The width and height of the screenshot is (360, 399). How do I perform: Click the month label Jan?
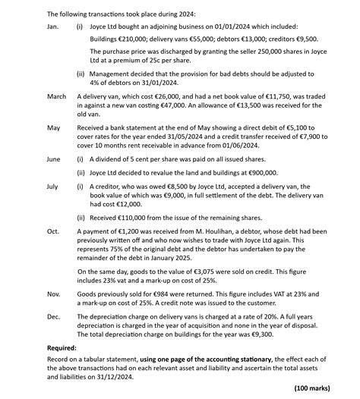click(52, 27)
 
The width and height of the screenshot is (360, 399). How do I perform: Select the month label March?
click(56, 97)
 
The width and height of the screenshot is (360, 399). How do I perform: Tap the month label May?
click(53, 128)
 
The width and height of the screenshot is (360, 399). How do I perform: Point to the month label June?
click(53, 159)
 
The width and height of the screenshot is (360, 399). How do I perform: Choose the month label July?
click(52, 186)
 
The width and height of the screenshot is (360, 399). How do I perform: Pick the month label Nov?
click(53, 292)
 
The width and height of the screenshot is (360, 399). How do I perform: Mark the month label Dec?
click(52, 314)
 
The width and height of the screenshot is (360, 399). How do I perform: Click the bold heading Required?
click(63, 347)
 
